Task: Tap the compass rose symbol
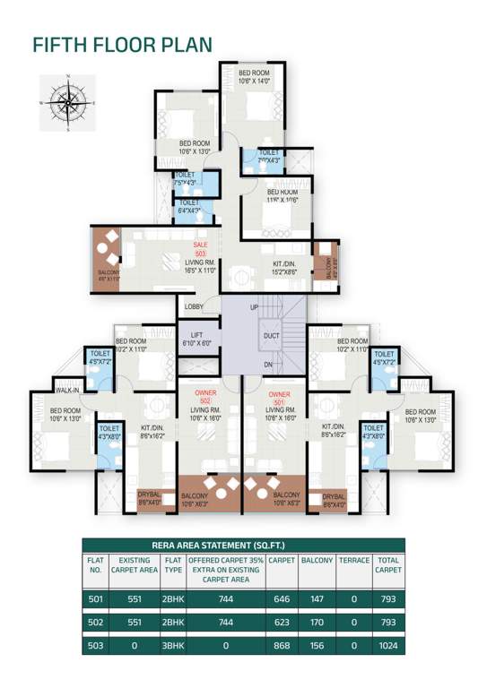click(67, 102)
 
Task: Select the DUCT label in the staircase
click(272, 337)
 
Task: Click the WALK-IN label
click(69, 391)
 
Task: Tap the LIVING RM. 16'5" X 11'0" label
click(200, 266)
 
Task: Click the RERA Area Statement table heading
click(243, 545)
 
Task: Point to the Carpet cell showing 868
click(282, 646)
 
